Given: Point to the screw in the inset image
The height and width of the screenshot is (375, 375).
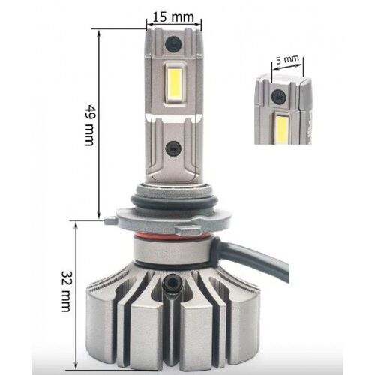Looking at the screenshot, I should (x=279, y=96).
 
